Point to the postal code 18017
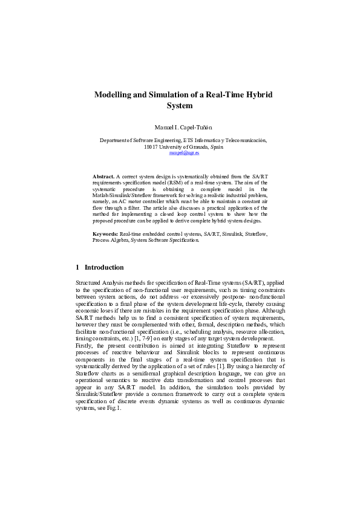coord(152,147)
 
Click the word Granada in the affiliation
coord(195,147)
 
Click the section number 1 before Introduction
coord(77,267)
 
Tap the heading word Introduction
coord(104,267)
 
